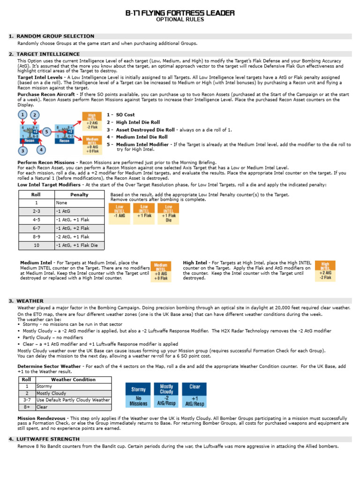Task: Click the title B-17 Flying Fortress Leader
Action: coord(180,13)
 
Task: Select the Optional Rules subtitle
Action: coord(180,20)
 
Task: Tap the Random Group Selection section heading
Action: coord(55,36)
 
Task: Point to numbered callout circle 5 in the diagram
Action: coord(47,131)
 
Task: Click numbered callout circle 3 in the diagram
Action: coord(23,150)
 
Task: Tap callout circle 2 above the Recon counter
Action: coord(35,115)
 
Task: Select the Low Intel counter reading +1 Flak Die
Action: coord(168,214)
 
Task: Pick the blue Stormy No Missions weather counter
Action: coord(138,395)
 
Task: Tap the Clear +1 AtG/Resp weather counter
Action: coord(195,395)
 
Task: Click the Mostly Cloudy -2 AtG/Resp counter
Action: coord(166,395)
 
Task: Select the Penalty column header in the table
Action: coord(79,195)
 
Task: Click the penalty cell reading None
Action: coord(79,203)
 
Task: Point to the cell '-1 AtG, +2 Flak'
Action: coord(79,228)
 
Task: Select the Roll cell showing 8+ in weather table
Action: coord(27,407)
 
